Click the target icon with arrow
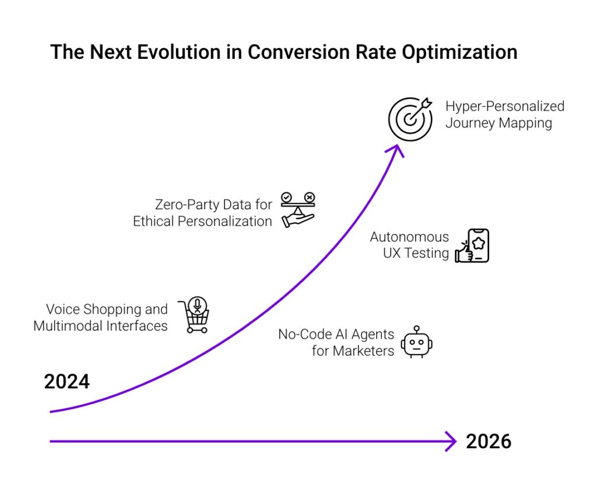(x=410, y=119)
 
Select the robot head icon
(x=417, y=342)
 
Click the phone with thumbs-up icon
(x=472, y=246)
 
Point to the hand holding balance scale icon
(x=297, y=209)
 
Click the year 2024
(x=67, y=382)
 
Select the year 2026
(x=489, y=441)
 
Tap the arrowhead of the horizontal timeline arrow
(x=450, y=441)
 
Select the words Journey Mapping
(x=498, y=124)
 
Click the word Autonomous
(x=409, y=237)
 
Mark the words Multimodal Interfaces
(x=100, y=326)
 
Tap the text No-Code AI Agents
(x=336, y=335)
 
